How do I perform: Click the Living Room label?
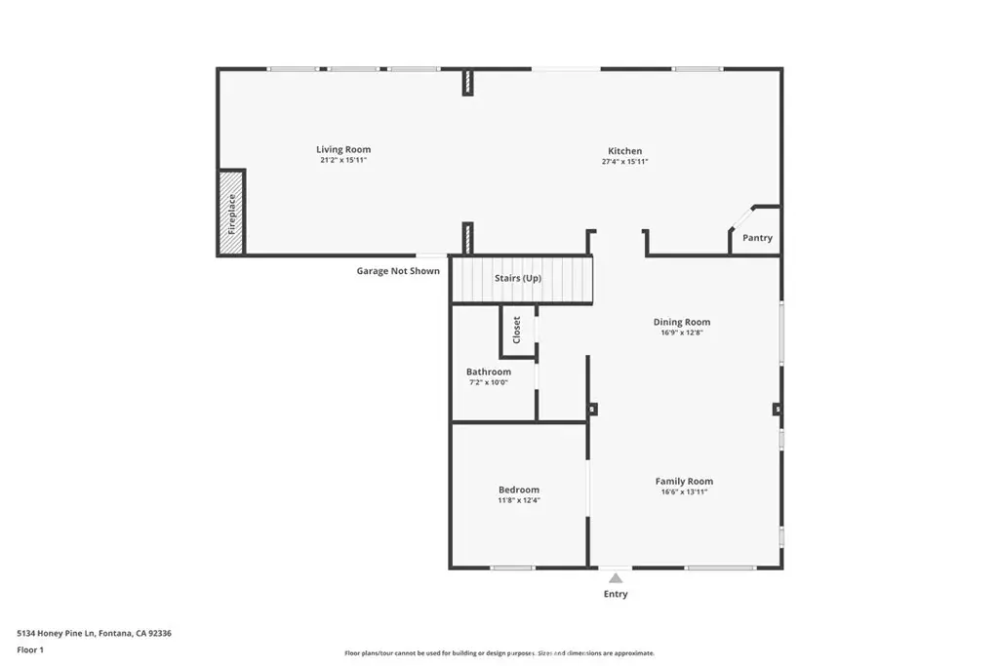343,149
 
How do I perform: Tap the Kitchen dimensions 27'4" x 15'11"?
625,162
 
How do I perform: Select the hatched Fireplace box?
232,214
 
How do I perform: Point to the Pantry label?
757,238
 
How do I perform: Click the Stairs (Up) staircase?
522,279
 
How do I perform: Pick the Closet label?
517,330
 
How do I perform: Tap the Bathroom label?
489,372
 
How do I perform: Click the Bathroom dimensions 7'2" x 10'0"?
489,382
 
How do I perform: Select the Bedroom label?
519,490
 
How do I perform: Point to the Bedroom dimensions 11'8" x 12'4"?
519,500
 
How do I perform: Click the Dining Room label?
682,322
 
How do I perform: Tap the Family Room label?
684,482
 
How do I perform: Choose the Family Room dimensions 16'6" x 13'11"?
684,492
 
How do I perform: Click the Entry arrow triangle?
616,579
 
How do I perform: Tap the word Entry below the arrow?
616,594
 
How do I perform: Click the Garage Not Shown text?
398,271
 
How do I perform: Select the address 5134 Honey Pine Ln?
56,634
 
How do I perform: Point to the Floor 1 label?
30,650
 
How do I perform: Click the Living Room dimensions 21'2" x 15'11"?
343,161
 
